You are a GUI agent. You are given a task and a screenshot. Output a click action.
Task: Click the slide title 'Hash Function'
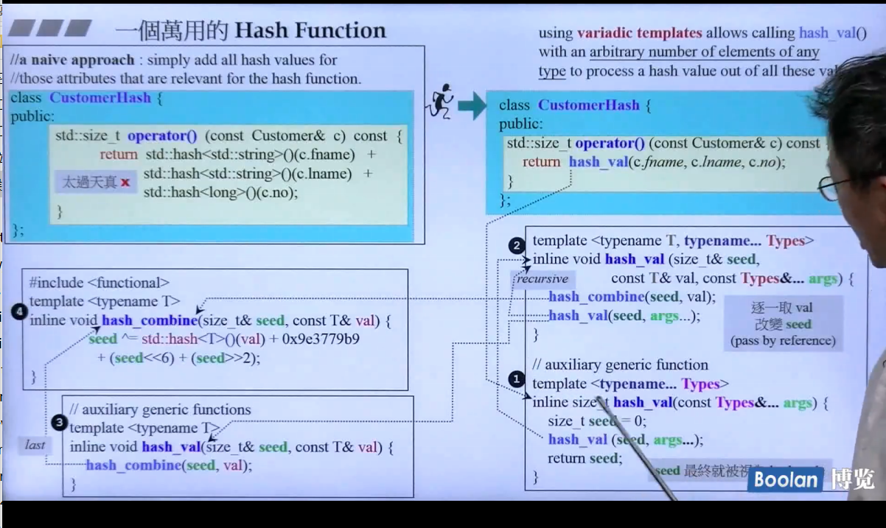coord(310,30)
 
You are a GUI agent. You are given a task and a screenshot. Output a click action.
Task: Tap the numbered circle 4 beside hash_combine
coord(19,312)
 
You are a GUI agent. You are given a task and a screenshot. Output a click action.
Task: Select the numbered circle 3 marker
coord(60,423)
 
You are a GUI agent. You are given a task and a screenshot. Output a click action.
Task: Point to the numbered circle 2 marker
coord(517,245)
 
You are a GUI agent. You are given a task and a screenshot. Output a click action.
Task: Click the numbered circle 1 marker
coord(517,379)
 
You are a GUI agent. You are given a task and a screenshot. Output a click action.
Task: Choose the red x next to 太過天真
coord(125,182)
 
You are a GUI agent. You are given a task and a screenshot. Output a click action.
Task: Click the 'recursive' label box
coord(543,279)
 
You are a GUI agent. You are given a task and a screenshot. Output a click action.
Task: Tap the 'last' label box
coord(35,444)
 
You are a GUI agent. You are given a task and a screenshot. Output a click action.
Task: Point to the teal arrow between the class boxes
coord(472,106)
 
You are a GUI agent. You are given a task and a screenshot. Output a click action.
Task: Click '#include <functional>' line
coord(100,283)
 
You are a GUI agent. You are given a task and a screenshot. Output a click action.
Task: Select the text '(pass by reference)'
coord(783,341)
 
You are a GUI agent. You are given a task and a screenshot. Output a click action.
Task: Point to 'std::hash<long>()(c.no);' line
coord(220,193)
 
